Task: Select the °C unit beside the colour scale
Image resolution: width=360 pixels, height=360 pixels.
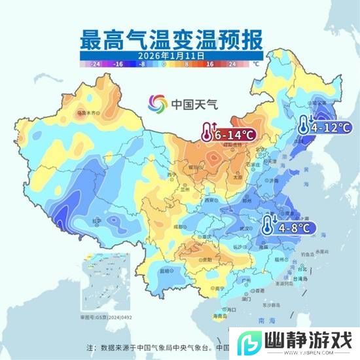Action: coord(256,65)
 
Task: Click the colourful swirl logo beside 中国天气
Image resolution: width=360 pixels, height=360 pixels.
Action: coord(157,103)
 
